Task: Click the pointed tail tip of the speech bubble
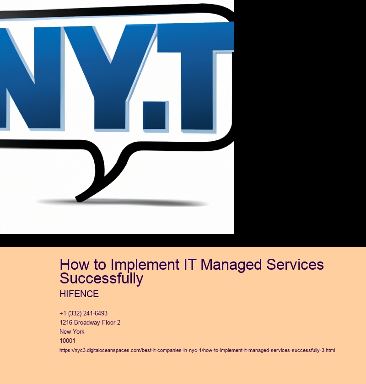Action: [78, 199]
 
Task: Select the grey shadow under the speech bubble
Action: [123, 203]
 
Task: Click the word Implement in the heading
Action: [145, 265]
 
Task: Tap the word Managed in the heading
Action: [231, 265]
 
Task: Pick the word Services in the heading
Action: [295, 265]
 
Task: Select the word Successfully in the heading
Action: [102, 278]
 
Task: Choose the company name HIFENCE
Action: [79, 294]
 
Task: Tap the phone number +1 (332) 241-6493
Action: [84, 314]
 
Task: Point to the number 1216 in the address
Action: [66, 323]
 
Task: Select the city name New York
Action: [72, 331]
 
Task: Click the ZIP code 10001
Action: [67, 341]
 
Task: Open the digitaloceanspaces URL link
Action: [197, 351]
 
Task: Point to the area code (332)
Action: [75, 314]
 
